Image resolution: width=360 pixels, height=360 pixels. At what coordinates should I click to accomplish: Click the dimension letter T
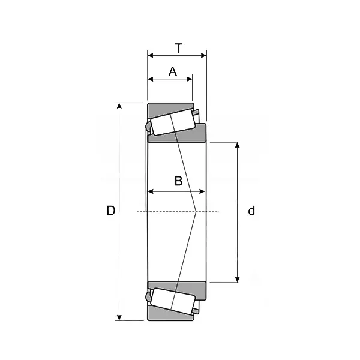[179, 48]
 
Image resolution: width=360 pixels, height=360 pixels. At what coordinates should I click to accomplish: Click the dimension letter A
[173, 71]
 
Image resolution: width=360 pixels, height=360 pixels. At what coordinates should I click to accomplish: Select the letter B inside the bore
[178, 181]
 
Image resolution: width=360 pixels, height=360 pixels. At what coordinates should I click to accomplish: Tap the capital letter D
[110, 211]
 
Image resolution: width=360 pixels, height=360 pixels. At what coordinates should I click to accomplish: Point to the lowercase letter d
[251, 211]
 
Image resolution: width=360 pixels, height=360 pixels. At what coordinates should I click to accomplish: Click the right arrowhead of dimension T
[203, 56]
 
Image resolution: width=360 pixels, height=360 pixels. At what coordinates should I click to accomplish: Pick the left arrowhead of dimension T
[151, 56]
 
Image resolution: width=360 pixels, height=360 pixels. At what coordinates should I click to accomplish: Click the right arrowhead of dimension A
[190, 79]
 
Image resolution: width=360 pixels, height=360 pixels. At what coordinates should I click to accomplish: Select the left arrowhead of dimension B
[151, 191]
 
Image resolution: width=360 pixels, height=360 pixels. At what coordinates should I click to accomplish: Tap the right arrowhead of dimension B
[202, 191]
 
